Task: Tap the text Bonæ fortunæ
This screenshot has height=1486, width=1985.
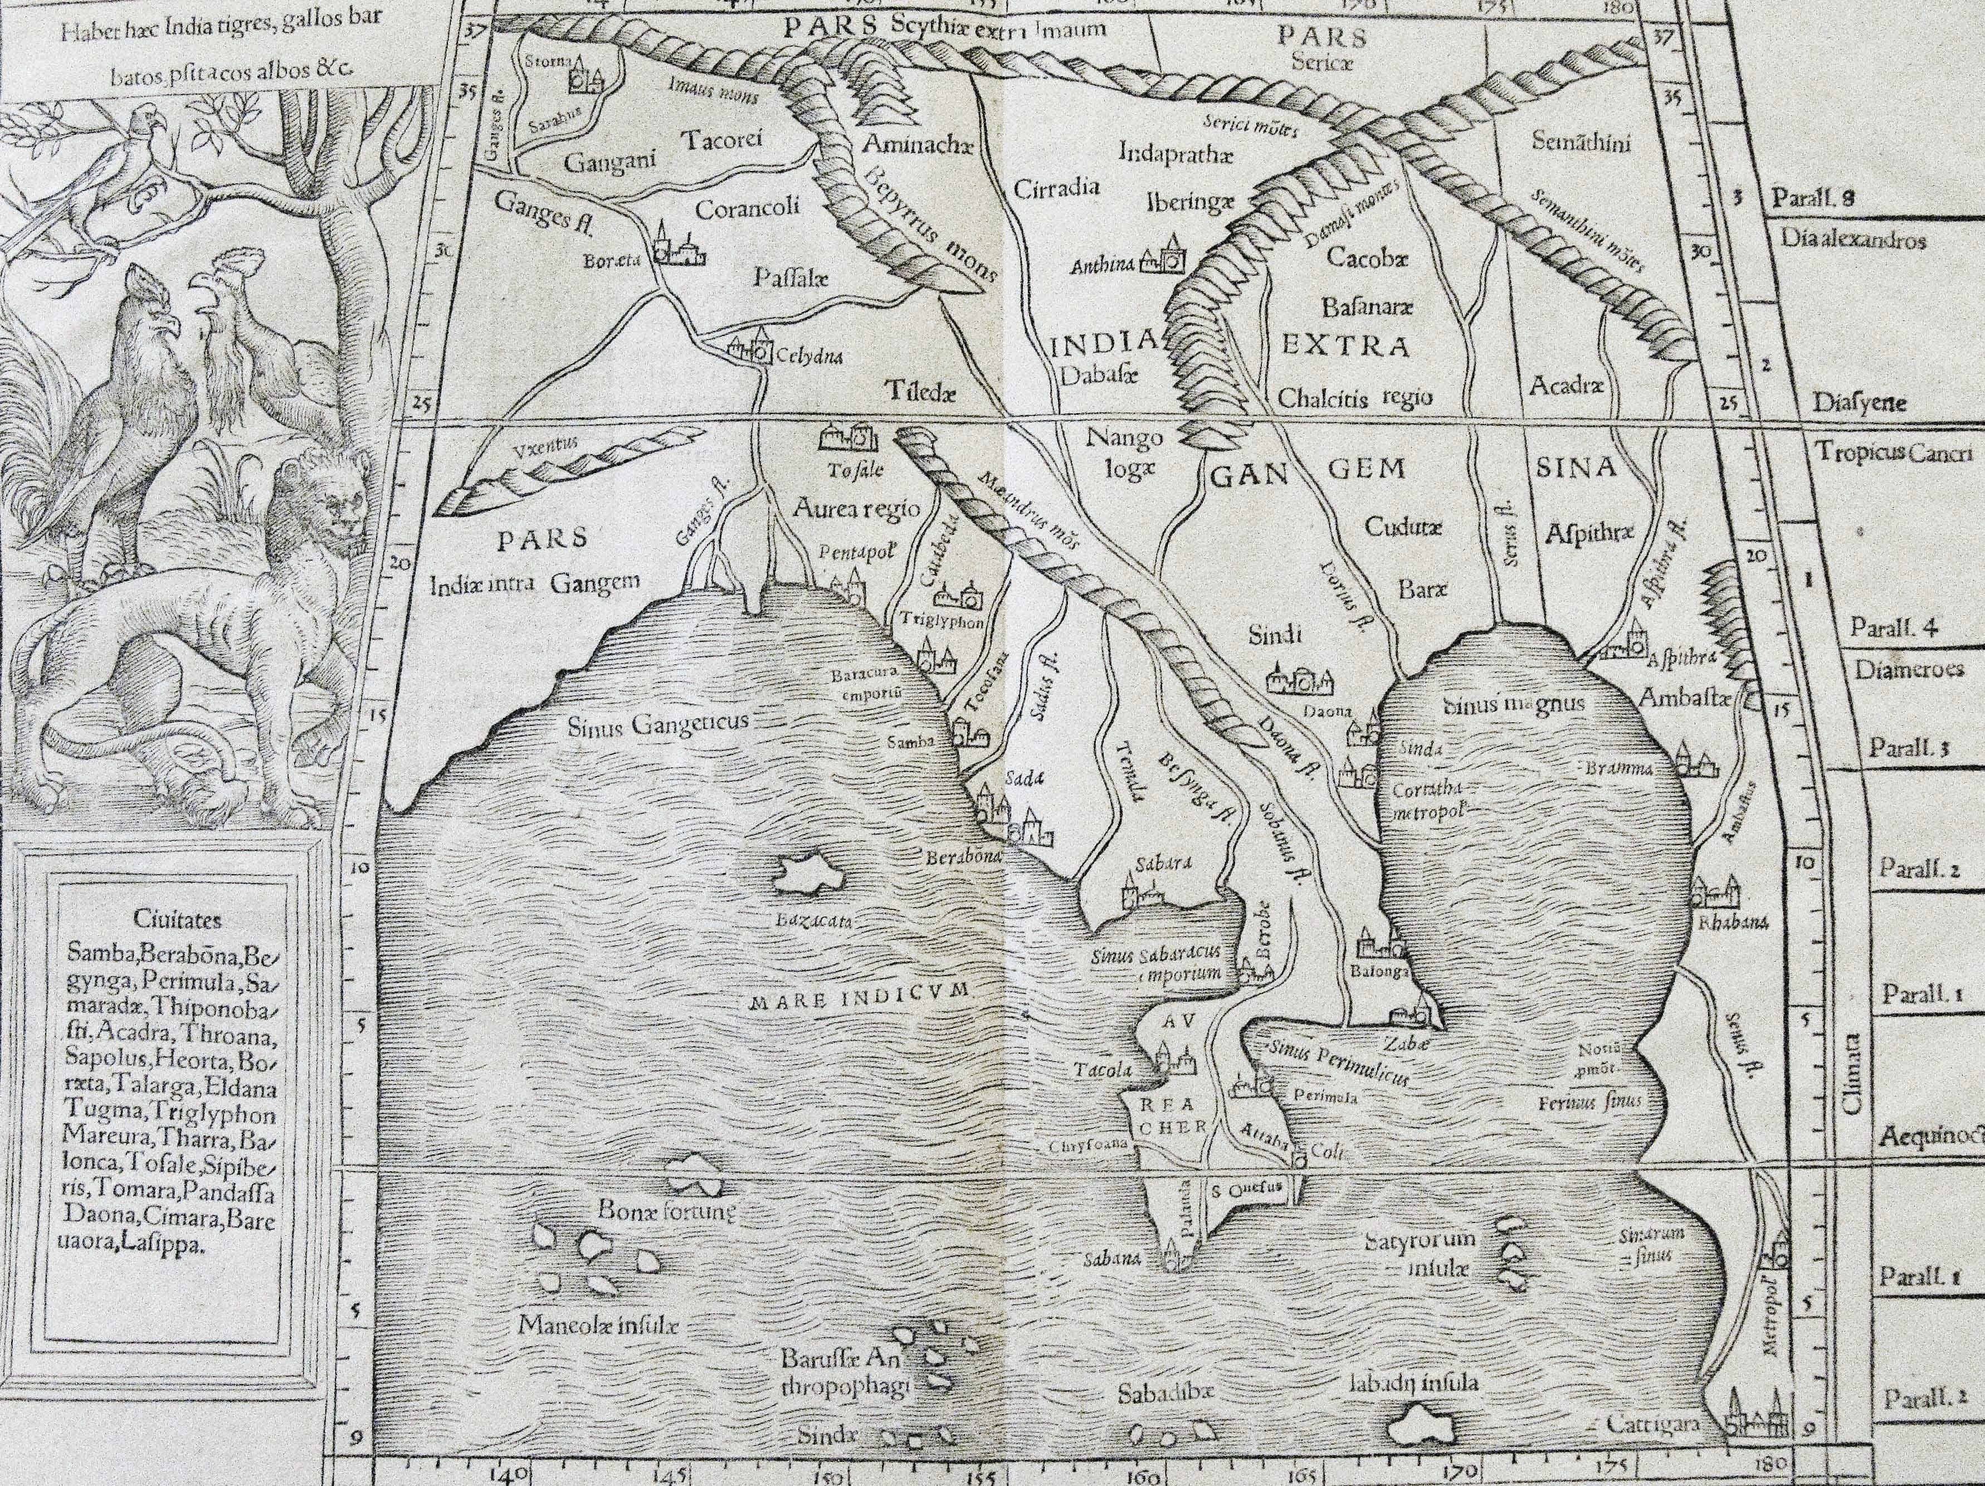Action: [667, 1211]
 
